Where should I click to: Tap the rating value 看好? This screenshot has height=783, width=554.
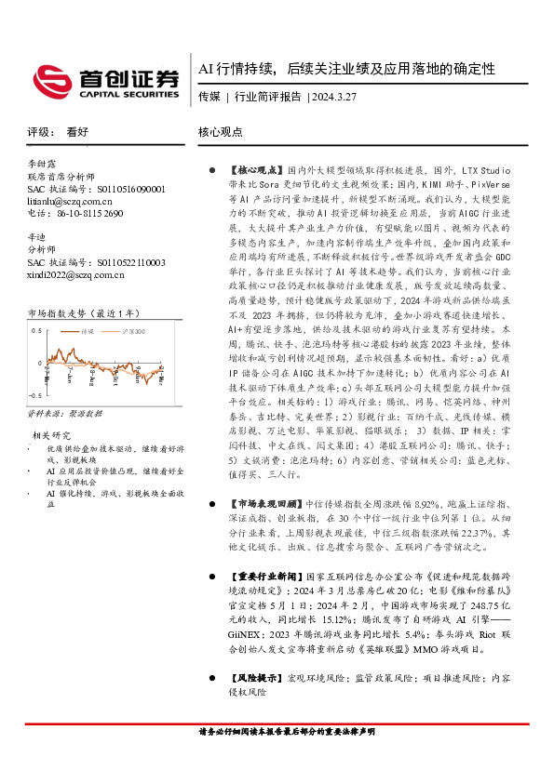(77, 132)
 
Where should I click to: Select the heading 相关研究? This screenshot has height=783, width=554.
(53, 408)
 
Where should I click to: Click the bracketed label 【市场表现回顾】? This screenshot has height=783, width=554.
(256, 501)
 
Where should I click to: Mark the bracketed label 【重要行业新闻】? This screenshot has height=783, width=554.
(256, 576)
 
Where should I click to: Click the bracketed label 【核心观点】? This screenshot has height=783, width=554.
(250, 172)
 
